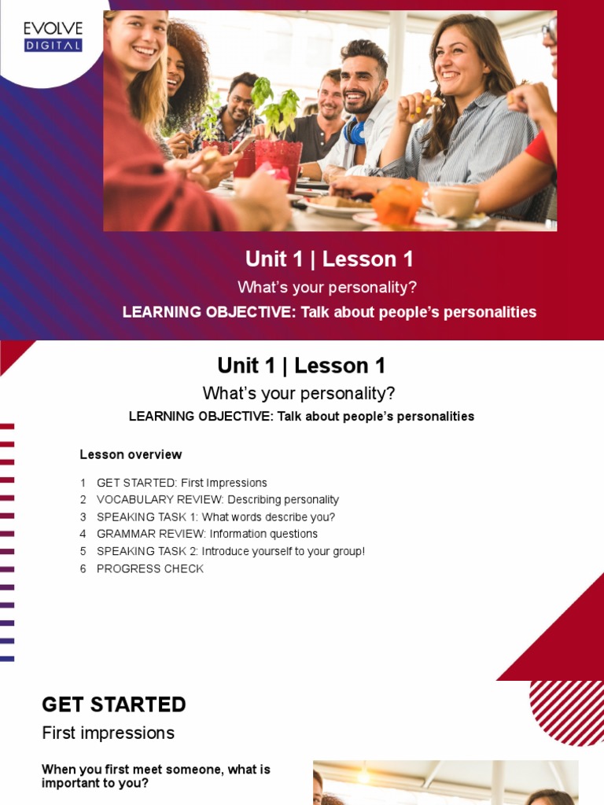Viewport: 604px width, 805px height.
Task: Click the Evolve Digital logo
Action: coord(53,36)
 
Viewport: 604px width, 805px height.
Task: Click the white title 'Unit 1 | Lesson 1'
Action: coord(329,259)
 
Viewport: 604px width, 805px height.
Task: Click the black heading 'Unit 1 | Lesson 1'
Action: coord(301,366)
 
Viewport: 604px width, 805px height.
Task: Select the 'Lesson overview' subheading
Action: coord(131,454)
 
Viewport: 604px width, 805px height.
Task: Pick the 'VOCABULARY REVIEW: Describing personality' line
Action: coord(217,500)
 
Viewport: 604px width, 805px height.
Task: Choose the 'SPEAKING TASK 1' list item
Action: coord(215,517)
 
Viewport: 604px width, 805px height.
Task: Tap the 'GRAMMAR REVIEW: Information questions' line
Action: coord(207,534)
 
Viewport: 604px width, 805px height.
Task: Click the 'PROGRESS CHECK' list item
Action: coord(149,568)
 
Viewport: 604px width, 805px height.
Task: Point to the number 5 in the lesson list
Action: coord(83,551)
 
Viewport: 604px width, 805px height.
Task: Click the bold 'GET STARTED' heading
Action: coord(114,704)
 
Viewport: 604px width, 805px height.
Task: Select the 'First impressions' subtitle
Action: coord(108,733)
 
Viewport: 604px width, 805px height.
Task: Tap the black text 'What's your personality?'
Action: coord(299,393)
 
